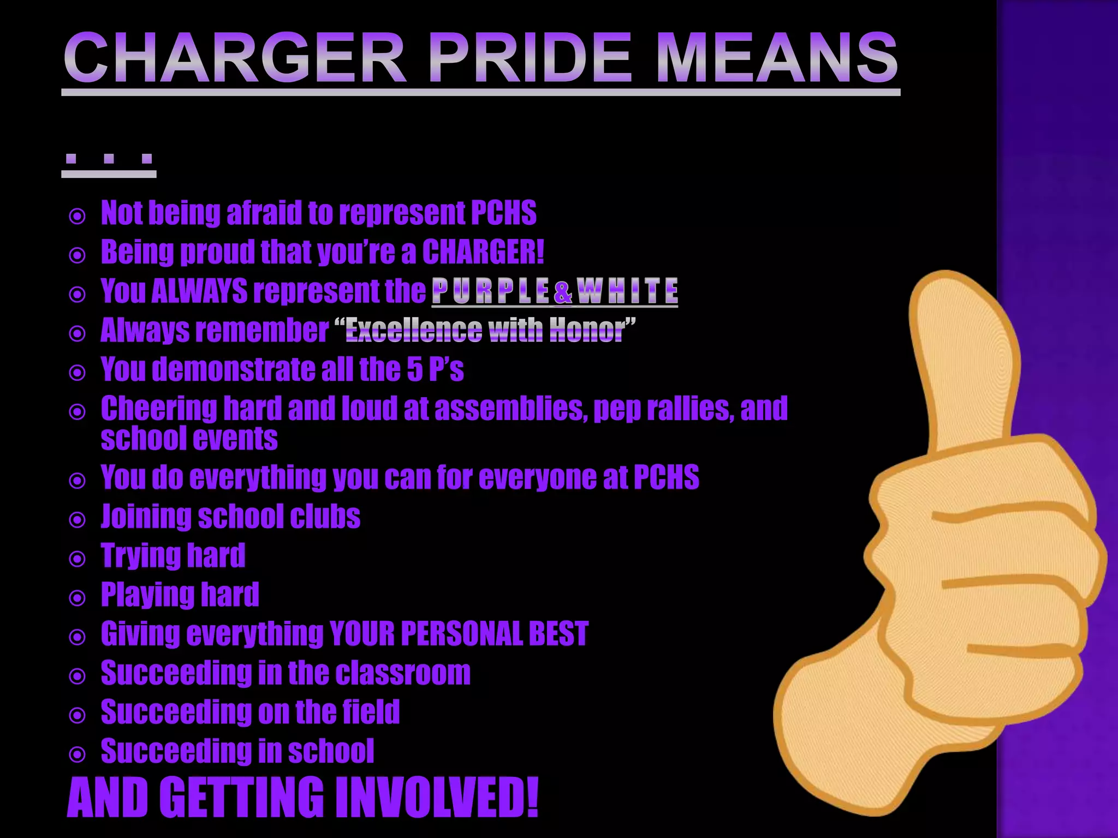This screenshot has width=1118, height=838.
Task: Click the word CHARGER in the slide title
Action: (x=235, y=57)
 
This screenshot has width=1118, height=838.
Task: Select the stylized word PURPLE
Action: (x=490, y=291)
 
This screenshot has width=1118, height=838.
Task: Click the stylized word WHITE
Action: (x=627, y=291)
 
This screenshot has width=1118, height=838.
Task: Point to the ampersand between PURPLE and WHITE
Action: (x=563, y=292)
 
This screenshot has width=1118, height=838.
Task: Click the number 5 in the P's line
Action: (x=415, y=369)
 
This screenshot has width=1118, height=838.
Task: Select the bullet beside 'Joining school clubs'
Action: (x=78, y=519)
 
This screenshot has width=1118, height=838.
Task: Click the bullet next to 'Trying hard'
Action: (x=78, y=559)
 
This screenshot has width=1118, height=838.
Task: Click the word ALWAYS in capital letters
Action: (x=199, y=291)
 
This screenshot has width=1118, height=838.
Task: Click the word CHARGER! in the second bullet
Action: (x=483, y=252)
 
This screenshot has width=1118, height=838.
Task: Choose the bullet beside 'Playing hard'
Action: (x=78, y=598)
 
